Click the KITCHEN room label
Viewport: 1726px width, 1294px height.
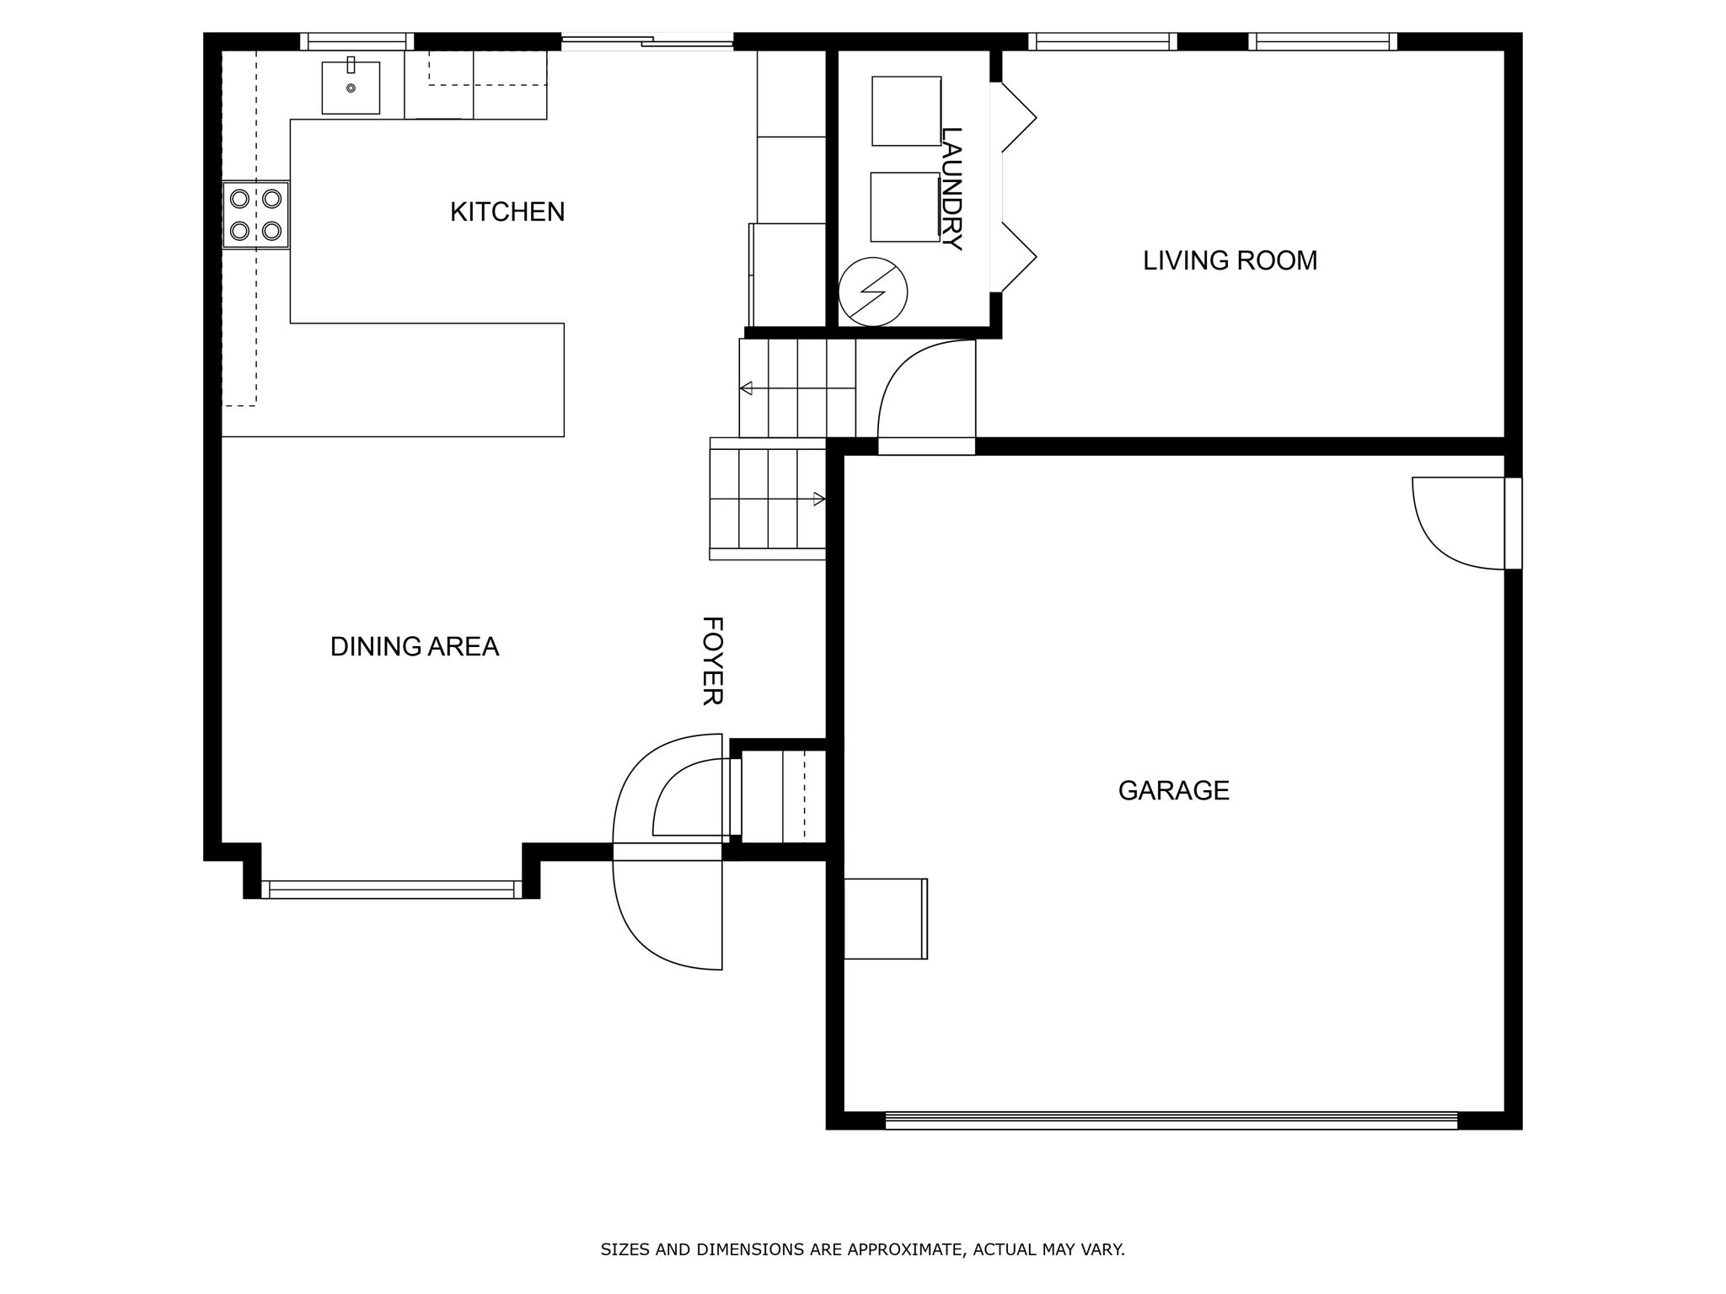coord(507,211)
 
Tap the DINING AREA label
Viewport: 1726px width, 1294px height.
coord(415,646)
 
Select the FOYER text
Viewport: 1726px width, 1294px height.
coord(713,660)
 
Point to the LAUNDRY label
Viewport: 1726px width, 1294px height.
coord(951,188)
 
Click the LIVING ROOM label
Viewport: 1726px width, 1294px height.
coord(1230,260)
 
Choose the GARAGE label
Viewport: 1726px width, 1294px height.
coord(1173,790)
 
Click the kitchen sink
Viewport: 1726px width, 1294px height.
coord(351,88)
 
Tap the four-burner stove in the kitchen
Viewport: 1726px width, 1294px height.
coord(256,215)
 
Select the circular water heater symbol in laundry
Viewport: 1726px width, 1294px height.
coord(873,292)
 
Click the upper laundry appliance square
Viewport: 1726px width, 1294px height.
coord(907,111)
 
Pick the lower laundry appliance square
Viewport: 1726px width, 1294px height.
coord(905,207)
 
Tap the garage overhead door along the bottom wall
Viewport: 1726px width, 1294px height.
coord(1171,1120)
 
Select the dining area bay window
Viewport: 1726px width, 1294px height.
coord(392,890)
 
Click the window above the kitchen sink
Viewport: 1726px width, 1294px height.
coord(357,41)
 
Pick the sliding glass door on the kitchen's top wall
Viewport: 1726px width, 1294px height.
coord(647,41)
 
